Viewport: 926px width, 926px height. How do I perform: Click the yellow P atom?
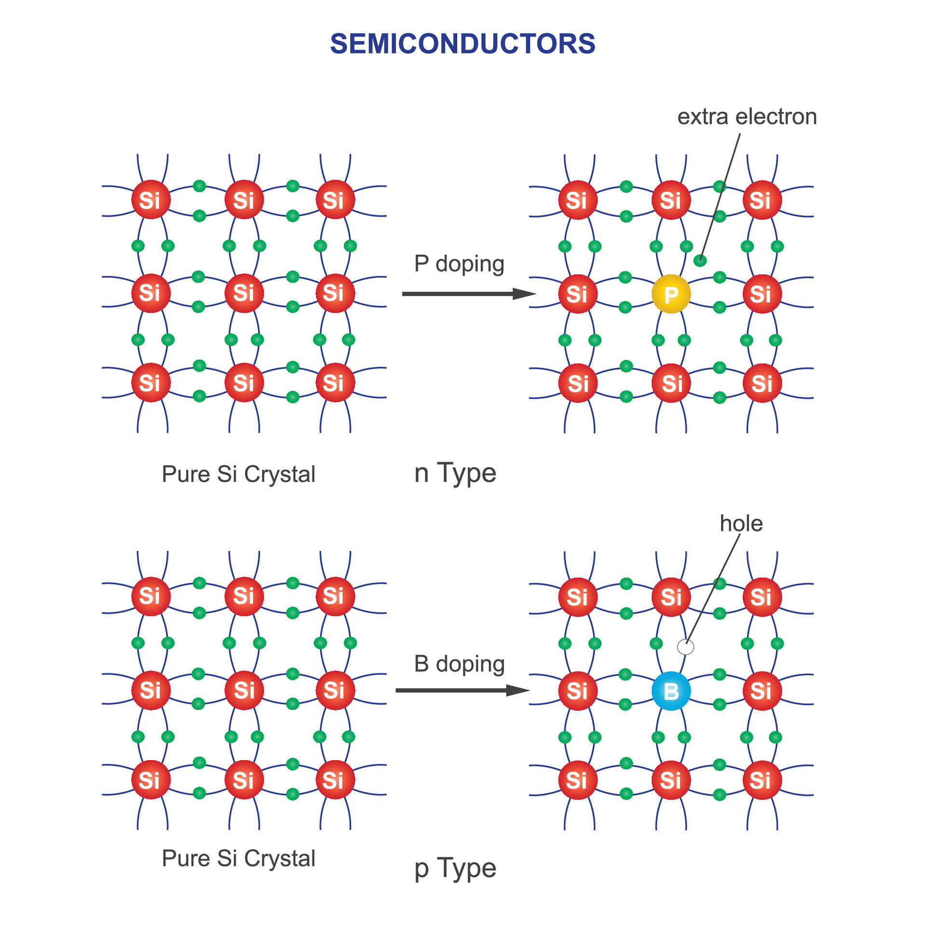tap(671, 294)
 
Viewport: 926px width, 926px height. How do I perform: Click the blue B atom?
tap(671, 691)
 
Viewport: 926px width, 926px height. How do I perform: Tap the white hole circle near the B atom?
tap(685, 647)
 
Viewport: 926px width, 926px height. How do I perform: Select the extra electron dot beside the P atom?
tap(700, 260)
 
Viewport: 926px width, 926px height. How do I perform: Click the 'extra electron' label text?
tap(747, 117)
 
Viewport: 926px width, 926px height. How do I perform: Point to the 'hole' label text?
tap(741, 523)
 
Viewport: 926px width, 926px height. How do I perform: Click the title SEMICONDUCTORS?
tap(463, 44)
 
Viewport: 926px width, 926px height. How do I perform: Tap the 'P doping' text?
tap(459, 263)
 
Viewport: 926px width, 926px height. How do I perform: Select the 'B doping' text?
tap(459, 664)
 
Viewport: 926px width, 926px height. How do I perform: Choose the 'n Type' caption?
tap(455, 473)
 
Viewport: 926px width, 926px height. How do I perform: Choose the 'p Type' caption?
tap(455, 868)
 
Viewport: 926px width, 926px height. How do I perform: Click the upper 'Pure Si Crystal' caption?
tap(238, 474)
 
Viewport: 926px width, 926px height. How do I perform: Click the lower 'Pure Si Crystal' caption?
tap(238, 858)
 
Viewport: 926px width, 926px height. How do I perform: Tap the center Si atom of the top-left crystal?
tap(244, 293)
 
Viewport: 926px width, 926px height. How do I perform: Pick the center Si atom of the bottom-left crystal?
tap(244, 690)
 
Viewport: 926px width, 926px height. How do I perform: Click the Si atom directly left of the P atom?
tap(578, 294)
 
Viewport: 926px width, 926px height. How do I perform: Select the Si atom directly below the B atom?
tap(671, 780)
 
